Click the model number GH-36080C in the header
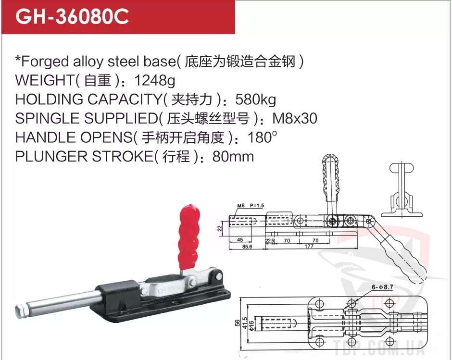tap(72, 17)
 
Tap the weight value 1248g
tap(155, 80)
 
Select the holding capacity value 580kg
tap(256, 99)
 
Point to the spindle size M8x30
tap(295, 118)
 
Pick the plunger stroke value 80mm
tap(233, 157)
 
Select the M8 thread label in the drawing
tap(241, 206)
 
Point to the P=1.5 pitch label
tap(257, 206)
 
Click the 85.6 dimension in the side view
tap(247, 247)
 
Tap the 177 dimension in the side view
tap(309, 247)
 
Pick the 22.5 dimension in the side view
tap(270, 241)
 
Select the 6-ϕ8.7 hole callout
tap(382, 287)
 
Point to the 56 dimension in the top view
tap(238, 323)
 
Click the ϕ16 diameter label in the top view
tap(251, 326)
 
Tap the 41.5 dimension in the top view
tap(245, 323)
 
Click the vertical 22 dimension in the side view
tap(220, 228)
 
